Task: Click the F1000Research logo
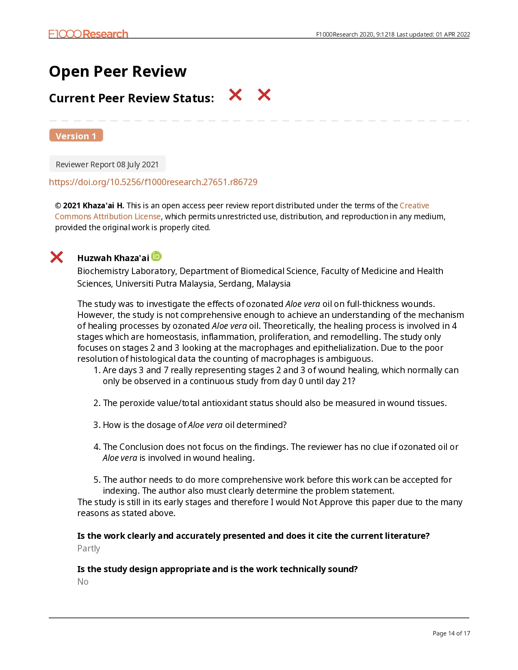pos(88,34)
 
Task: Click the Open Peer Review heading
pos(118,71)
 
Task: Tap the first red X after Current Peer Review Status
pos(235,95)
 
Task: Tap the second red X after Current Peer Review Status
pos(264,95)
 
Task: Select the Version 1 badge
pos(76,136)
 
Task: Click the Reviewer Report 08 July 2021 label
pos(107,164)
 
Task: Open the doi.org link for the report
pos(153,182)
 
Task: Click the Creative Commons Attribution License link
pos(108,216)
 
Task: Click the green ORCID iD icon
pos(156,256)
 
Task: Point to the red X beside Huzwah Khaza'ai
pos(56,257)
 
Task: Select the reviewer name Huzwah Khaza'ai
pos(113,258)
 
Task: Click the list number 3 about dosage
pos(96,425)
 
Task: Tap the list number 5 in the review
pos(96,480)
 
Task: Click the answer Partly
pos(89,549)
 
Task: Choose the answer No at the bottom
pos(83,582)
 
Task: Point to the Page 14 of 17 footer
pos(451,633)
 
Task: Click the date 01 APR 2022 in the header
pos(453,35)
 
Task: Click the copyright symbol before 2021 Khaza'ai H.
pos(58,205)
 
